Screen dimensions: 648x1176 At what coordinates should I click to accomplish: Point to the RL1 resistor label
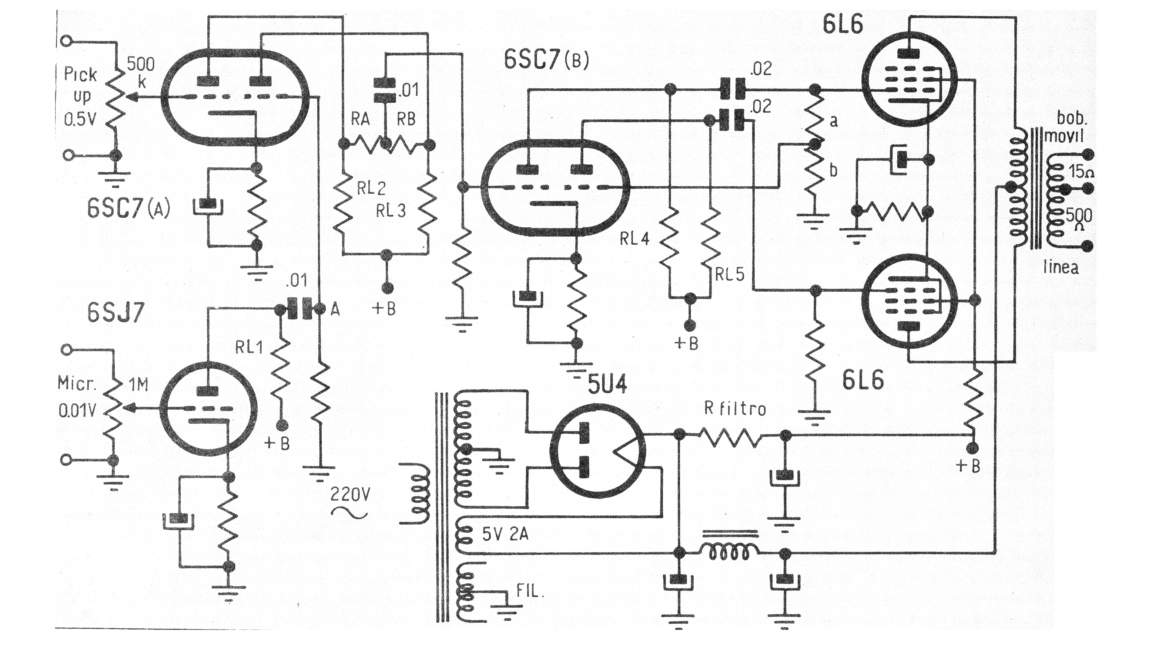[249, 347]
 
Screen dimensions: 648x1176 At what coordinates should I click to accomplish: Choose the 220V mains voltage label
[350, 494]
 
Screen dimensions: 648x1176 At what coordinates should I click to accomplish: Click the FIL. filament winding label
[530, 591]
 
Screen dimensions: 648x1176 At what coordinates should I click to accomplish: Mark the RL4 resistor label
[634, 238]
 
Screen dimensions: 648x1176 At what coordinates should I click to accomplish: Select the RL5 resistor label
[730, 275]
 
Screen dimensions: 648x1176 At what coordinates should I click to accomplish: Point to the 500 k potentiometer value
[141, 72]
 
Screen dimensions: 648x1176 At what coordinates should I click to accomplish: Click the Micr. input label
[77, 383]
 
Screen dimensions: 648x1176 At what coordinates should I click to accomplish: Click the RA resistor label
[360, 119]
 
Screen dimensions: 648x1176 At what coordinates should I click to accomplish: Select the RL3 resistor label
[391, 211]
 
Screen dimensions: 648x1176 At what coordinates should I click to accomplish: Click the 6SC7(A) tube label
[129, 209]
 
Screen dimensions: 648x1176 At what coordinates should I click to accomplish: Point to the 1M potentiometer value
[138, 385]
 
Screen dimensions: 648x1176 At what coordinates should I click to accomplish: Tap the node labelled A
[335, 310]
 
